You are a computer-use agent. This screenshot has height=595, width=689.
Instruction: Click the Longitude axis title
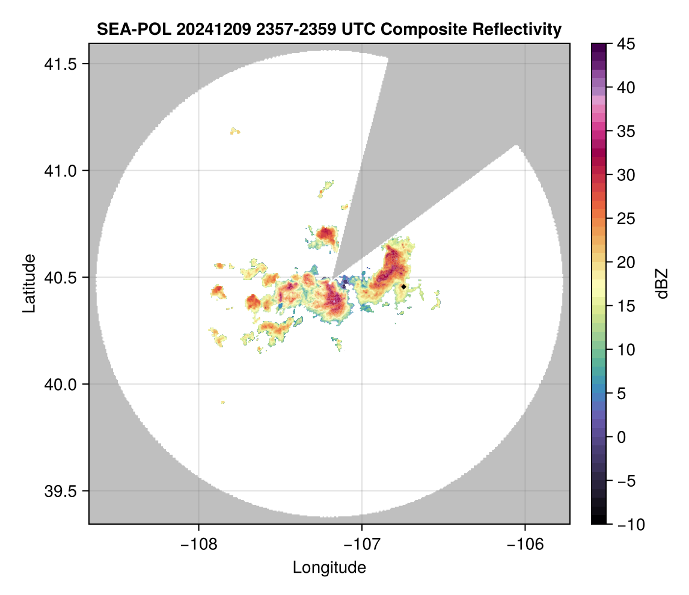point(329,567)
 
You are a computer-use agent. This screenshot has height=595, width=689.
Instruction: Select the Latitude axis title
point(28,283)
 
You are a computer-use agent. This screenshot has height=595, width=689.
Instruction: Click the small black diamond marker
point(403,287)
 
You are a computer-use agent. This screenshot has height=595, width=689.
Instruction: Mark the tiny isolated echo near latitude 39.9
point(223,402)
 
